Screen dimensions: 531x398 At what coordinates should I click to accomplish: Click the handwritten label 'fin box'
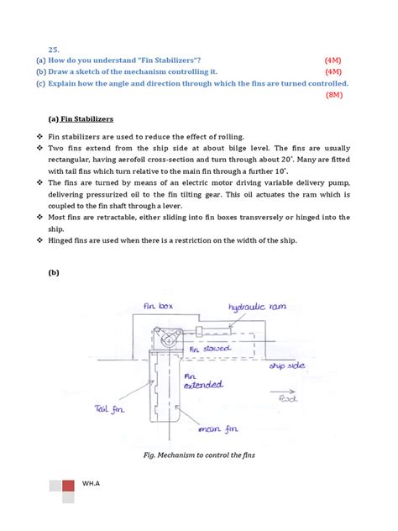tap(158, 308)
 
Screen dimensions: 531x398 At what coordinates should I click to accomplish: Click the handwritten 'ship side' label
tap(285, 366)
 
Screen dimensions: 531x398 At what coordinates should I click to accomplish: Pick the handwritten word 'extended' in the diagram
tap(203, 386)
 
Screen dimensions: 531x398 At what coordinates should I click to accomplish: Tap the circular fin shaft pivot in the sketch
tap(169, 340)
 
